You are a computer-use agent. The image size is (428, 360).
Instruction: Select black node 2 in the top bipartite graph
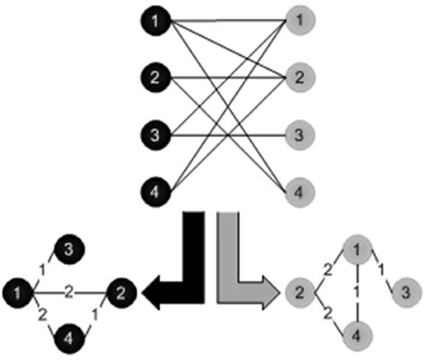156,77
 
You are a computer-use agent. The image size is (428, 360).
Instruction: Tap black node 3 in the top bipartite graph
156,135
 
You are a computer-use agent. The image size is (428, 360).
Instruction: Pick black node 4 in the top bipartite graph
156,192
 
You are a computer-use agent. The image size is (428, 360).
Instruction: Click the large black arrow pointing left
181,271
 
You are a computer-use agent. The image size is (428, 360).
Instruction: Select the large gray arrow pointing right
244,271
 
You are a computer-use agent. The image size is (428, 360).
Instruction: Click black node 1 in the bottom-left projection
18,291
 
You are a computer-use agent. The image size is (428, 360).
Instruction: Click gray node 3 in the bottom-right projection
406,291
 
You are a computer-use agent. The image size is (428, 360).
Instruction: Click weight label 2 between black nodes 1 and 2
69,291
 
